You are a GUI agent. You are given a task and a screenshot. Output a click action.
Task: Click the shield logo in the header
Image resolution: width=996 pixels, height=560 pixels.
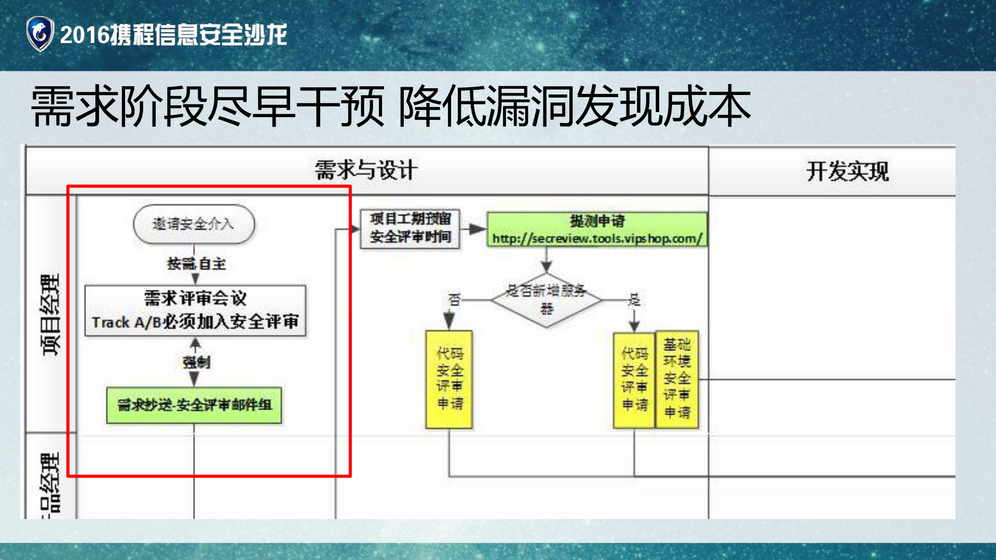[x=40, y=34]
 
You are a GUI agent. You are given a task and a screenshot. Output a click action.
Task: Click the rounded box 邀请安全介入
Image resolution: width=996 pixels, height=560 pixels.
[x=194, y=224]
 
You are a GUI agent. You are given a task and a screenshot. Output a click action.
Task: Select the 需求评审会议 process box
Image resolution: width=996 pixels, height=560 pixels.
[x=195, y=310]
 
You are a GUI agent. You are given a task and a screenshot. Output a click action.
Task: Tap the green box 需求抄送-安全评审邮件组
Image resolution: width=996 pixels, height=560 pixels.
[x=194, y=405]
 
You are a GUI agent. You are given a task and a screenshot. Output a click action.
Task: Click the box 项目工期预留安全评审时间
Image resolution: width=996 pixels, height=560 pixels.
[x=410, y=228]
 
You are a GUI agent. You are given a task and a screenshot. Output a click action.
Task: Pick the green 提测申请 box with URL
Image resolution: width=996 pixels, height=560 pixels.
[x=597, y=229]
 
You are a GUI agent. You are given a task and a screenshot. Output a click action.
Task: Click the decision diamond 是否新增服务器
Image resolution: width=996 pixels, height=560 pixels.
[x=547, y=300]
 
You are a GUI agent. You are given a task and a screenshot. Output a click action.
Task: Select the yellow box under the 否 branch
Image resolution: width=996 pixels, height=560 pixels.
[x=449, y=379]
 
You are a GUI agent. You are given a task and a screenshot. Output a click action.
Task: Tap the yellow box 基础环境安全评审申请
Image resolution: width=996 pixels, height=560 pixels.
[x=677, y=379]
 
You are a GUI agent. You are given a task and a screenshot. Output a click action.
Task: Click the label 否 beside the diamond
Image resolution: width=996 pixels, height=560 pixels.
[x=454, y=299]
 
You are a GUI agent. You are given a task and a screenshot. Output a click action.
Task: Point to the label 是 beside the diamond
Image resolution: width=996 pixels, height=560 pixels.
[x=634, y=299]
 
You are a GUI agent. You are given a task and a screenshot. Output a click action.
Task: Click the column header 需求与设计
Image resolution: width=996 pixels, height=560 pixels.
[x=366, y=170]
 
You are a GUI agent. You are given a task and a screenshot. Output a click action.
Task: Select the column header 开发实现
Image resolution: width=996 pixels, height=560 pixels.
[x=847, y=171]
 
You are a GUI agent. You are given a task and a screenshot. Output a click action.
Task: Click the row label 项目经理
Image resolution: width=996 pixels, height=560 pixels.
[x=51, y=315]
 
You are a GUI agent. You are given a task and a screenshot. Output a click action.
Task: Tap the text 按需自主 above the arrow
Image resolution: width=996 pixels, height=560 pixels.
[x=196, y=264]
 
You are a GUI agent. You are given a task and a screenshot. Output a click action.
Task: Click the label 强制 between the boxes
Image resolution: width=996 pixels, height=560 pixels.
[x=196, y=362]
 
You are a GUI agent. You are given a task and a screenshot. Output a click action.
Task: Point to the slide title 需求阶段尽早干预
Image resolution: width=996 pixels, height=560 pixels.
[x=208, y=106]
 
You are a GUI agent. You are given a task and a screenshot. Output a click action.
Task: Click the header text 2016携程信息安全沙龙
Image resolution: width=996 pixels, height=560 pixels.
[x=173, y=35]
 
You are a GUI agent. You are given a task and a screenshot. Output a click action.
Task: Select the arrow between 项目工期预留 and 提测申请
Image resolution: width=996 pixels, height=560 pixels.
[x=473, y=229]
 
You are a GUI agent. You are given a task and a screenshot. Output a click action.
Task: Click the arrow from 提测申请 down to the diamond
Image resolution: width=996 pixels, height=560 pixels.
[x=546, y=259]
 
